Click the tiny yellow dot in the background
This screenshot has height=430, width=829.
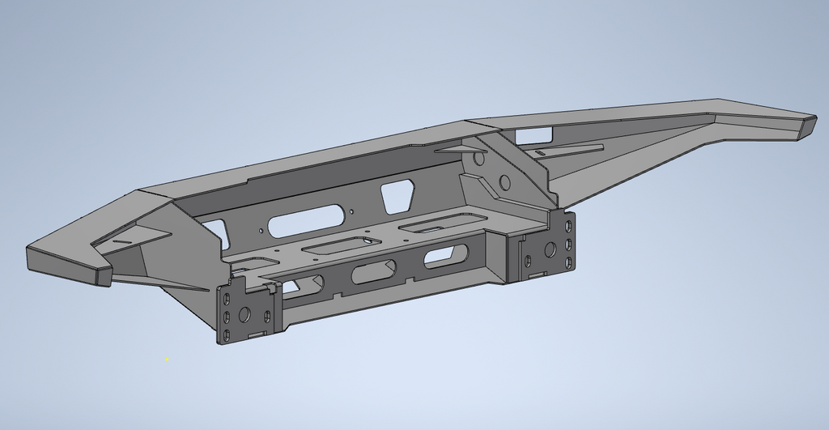(x=167, y=359)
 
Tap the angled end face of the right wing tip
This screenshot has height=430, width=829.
(x=806, y=127)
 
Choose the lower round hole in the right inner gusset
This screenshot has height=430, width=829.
(x=505, y=181)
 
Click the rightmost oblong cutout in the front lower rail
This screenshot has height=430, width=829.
(x=440, y=258)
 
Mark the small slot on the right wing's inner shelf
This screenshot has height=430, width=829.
(x=541, y=151)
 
